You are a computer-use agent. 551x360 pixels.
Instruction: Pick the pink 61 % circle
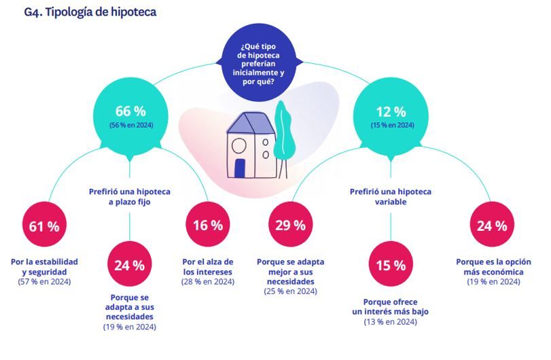click(x=45, y=226)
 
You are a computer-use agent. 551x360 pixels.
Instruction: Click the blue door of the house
click(x=240, y=168)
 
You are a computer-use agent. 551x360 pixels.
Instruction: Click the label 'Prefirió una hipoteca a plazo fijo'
click(x=130, y=197)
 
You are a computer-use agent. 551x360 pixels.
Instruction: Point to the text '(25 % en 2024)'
click(x=290, y=291)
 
